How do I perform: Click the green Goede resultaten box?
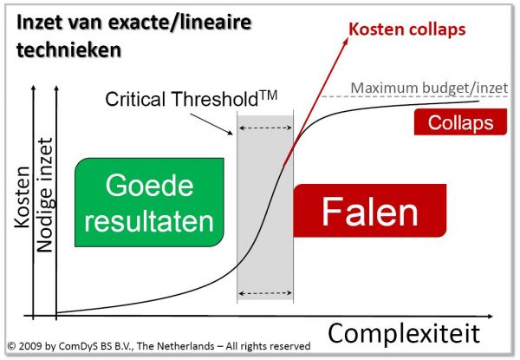(x=149, y=202)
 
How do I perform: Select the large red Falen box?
(x=369, y=211)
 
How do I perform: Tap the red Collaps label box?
(x=460, y=121)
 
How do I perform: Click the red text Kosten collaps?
(x=407, y=29)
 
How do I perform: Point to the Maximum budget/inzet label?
(x=429, y=88)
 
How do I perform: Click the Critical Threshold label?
(x=191, y=99)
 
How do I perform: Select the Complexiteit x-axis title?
(x=404, y=333)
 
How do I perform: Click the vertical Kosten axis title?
(x=23, y=197)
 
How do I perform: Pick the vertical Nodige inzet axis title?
(x=45, y=195)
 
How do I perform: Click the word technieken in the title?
(x=68, y=49)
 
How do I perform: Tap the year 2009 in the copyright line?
(x=30, y=346)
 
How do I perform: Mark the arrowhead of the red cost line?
(x=346, y=41)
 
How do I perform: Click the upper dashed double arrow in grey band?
(x=265, y=128)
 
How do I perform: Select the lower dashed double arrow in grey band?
(x=265, y=293)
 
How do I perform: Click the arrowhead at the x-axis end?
(x=490, y=317)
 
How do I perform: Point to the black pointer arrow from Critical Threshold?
(x=211, y=124)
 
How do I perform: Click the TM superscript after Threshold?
(x=268, y=95)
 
